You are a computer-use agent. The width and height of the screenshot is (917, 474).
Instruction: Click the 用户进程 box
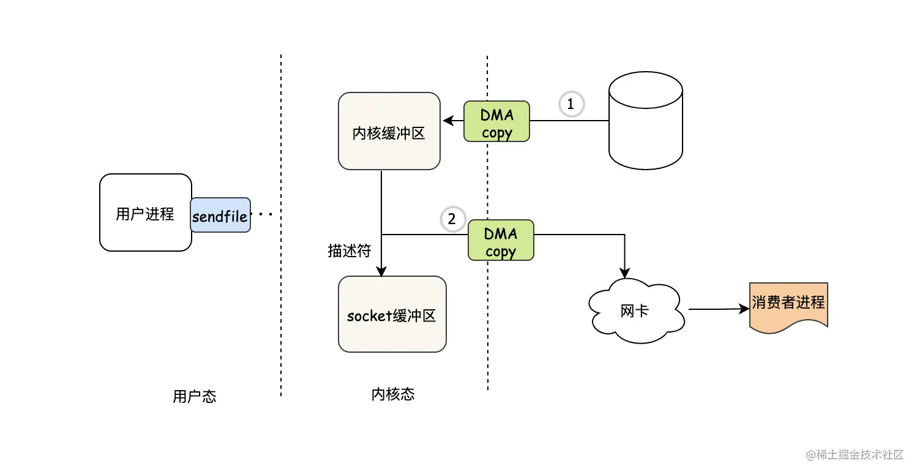point(145,213)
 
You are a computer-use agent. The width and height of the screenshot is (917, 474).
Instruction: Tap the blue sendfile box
point(220,215)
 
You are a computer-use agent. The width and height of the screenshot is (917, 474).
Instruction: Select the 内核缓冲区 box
point(389,131)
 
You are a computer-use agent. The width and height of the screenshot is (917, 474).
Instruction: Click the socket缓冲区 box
point(392,314)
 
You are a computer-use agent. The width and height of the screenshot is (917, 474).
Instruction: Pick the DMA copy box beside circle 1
point(496,121)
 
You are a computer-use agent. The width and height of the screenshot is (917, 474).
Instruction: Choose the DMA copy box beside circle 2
point(501,240)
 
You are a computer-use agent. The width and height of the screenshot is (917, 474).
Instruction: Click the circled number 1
point(571,104)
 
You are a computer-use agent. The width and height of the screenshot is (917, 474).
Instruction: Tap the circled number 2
point(453,219)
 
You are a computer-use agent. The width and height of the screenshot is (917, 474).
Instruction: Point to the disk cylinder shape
point(646,121)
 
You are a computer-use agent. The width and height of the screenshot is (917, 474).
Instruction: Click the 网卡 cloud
point(635,310)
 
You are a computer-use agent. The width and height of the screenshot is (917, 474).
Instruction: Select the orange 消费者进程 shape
point(788,306)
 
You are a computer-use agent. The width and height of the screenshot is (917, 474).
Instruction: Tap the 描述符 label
point(349,250)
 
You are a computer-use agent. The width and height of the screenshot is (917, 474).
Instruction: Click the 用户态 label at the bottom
point(195,396)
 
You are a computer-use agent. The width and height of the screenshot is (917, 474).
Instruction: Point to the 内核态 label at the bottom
point(393,394)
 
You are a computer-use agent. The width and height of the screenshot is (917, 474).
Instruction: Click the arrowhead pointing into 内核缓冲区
point(449,121)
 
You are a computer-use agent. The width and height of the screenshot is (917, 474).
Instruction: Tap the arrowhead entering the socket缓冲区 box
point(381,271)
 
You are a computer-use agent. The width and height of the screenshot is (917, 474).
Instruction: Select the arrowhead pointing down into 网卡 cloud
point(625,273)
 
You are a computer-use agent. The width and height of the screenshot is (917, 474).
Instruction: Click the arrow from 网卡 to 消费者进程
point(719,309)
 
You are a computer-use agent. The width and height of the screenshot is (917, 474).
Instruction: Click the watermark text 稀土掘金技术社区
point(859,454)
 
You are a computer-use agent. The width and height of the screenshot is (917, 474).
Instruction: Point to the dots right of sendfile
point(261,214)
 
